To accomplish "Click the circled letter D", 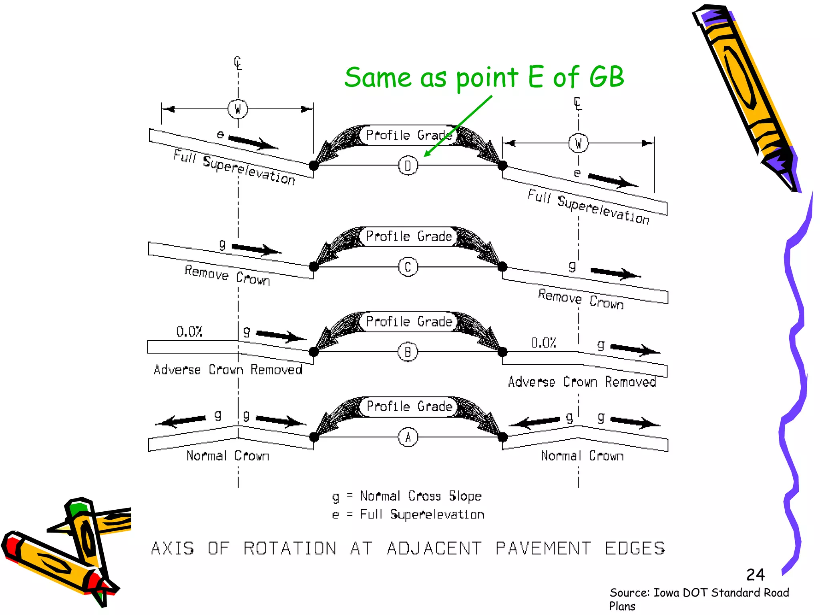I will coord(408,165).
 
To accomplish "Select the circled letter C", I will coord(408,267).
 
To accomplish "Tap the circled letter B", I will coord(408,352).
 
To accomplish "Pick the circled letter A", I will coord(408,437).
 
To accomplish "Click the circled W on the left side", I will coord(238,109).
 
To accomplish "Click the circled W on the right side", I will coord(578,143).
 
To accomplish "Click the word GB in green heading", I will coord(606,77).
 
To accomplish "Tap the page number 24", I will coord(755,575).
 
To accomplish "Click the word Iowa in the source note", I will coord(667,592).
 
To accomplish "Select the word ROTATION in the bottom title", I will coord(290,548).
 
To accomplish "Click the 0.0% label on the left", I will coord(189,332).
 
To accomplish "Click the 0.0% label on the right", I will coord(543,343).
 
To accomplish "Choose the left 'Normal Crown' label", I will coord(227,456).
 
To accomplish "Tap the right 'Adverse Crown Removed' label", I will coord(582,382).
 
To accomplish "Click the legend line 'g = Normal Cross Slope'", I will coord(407,496).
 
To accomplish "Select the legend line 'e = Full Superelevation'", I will coord(408,514).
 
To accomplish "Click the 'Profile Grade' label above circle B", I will coord(409,322).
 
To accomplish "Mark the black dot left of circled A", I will coord(314,437).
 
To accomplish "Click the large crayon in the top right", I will coord(745,96).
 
